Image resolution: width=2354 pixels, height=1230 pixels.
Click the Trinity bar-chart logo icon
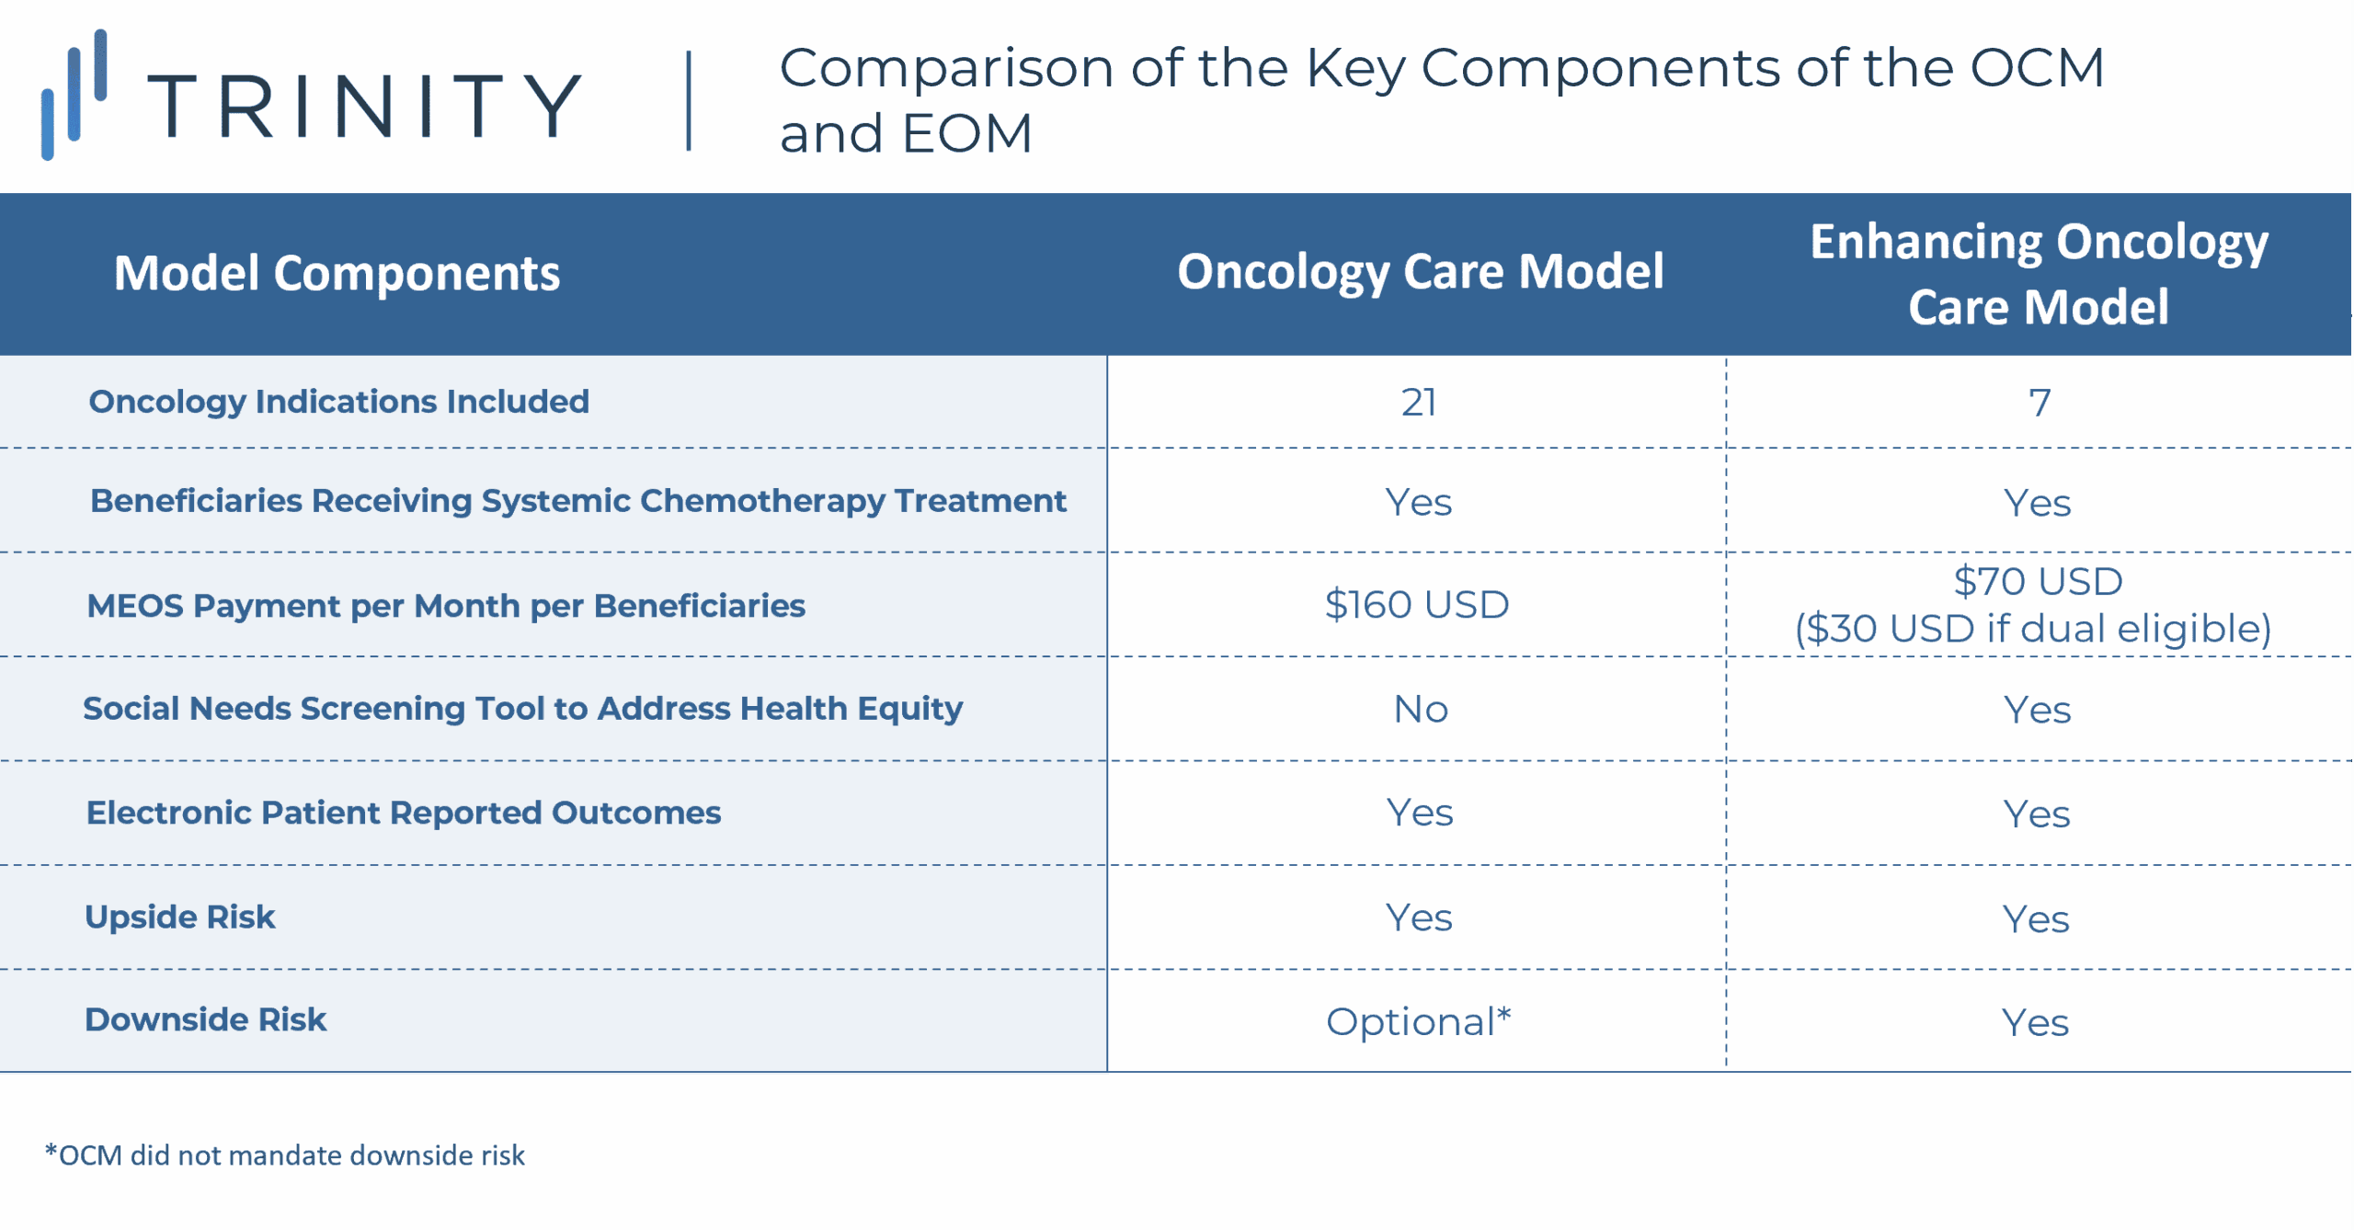[74, 95]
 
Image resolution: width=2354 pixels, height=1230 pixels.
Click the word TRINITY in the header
[364, 107]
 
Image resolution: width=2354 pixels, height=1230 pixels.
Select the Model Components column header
[337, 273]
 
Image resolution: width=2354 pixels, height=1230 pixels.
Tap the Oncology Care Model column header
[1420, 272]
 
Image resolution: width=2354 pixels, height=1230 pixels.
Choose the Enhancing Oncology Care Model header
[2038, 273]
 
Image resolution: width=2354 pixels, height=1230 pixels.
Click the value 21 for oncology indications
[1418, 403]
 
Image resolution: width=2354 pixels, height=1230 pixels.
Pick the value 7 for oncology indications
[2039, 403]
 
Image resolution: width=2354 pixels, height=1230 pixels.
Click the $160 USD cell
[1416, 605]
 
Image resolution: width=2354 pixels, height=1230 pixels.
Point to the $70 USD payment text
[2038, 581]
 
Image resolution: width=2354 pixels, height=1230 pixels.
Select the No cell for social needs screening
[1420, 709]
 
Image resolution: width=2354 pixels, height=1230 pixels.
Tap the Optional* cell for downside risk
[1418, 1021]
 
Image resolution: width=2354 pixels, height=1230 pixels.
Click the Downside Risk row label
[205, 1019]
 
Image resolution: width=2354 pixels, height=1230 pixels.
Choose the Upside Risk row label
[179, 917]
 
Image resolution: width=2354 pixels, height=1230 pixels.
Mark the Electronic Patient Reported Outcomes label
[403, 813]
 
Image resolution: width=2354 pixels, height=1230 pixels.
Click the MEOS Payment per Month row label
[445, 606]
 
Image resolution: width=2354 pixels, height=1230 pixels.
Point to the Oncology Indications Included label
[338, 402]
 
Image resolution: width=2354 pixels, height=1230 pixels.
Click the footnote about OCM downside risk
[285, 1155]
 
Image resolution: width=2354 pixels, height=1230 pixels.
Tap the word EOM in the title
[967, 134]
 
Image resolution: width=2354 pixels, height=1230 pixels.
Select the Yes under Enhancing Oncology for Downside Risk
[2035, 1022]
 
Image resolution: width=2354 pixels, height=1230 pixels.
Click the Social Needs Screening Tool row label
[522, 709]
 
